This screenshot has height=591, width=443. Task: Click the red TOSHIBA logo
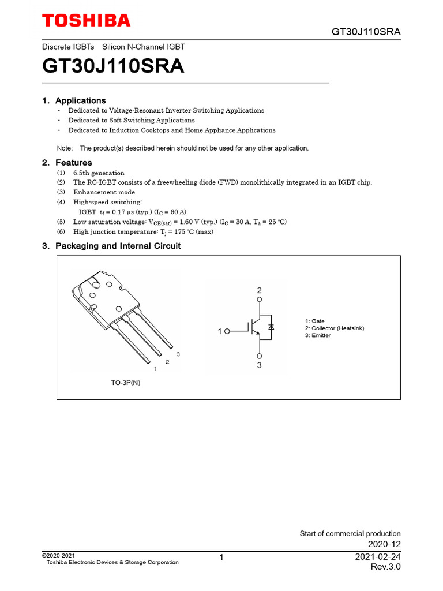(87, 21)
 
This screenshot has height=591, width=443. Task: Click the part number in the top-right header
(366, 31)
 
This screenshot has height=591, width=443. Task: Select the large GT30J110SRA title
(113, 66)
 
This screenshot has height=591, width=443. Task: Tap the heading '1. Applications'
(74, 100)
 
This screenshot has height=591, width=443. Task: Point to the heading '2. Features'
(67, 163)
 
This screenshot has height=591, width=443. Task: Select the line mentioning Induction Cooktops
(171, 130)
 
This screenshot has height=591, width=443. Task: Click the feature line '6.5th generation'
(98, 173)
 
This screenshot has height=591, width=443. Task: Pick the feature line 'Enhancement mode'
(104, 192)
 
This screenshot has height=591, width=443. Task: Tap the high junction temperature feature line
(142, 232)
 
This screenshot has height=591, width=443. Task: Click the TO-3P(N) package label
(125, 382)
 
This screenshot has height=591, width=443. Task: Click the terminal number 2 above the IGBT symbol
(260, 290)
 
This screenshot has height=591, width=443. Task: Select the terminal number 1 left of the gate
(220, 331)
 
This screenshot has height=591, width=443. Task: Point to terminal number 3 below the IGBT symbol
(260, 365)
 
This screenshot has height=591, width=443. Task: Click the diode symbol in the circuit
(271, 327)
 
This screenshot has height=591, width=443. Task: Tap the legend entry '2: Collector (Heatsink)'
(335, 328)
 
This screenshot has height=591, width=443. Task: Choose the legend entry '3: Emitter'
(318, 335)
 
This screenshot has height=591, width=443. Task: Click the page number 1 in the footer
(221, 558)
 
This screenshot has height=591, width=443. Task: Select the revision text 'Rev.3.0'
(385, 567)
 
